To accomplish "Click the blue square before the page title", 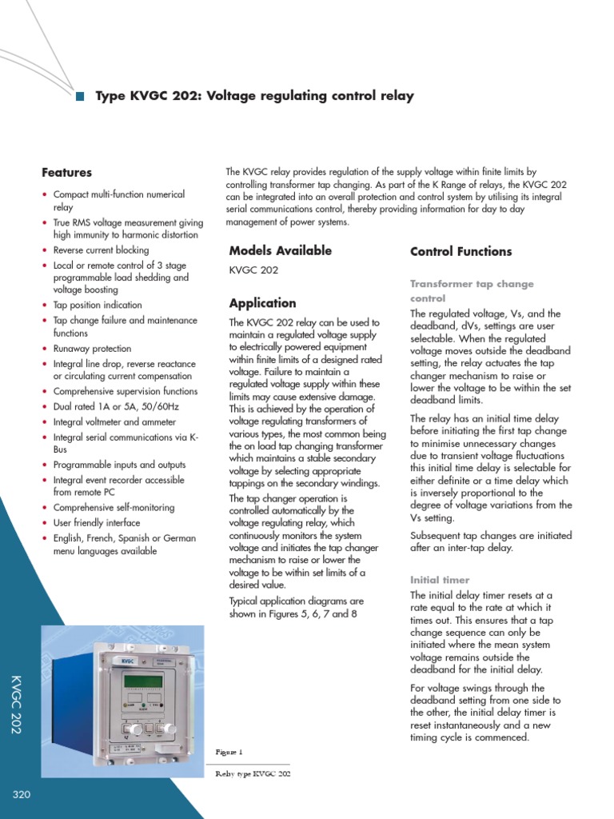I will point(80,97).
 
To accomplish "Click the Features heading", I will point(66,173).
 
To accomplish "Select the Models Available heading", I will point(280,250).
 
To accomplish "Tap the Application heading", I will point(262,303).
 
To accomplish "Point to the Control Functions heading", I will point(460,251).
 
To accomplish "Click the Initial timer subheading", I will point(440,580).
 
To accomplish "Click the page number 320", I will point(22,794).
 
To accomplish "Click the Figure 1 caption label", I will point(229,752).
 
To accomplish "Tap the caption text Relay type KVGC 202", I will point(253,775).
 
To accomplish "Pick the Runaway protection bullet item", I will point(92,349).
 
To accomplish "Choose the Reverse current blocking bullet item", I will point(101,250).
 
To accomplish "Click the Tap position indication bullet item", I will point(98,305).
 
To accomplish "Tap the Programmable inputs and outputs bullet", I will point(119,465).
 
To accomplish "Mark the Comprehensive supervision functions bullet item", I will point(125,391).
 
